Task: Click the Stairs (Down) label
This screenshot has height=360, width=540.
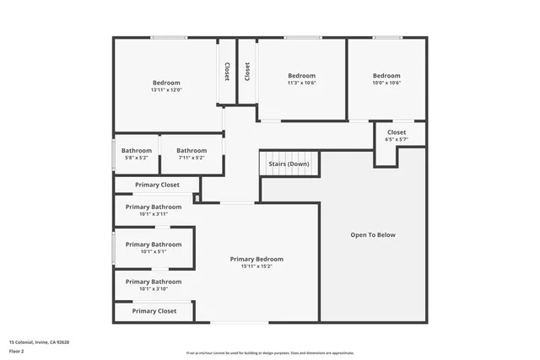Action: tap(289, 164)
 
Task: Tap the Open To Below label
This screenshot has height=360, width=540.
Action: tap(372, 235)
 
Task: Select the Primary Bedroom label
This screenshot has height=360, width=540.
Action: tap(256, 259)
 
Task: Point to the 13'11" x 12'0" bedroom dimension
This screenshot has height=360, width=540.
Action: tap(166, 89)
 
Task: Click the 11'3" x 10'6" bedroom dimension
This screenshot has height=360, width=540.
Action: tap(301, 83)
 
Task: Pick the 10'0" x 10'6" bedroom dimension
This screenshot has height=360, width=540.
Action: tap(386, 83)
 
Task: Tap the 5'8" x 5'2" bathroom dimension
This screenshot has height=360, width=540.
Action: tap(136, 158)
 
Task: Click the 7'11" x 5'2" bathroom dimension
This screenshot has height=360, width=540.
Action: tap(192, 158)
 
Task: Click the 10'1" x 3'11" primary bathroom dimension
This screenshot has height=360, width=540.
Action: tap(154, 214)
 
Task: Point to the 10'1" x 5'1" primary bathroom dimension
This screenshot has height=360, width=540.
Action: tap(154, 251)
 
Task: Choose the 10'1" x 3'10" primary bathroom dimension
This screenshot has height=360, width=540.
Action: tap(154, 289)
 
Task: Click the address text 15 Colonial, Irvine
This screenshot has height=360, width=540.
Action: tap(39, 342)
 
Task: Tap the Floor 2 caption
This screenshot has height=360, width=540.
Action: tap(18, 351)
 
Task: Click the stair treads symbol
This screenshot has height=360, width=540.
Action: tap(289, 172)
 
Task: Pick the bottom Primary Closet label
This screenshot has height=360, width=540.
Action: tap(154, 311)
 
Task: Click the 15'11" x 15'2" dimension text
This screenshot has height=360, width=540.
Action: tap(256, 266)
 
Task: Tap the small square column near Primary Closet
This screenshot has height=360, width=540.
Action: tap(197, 199)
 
